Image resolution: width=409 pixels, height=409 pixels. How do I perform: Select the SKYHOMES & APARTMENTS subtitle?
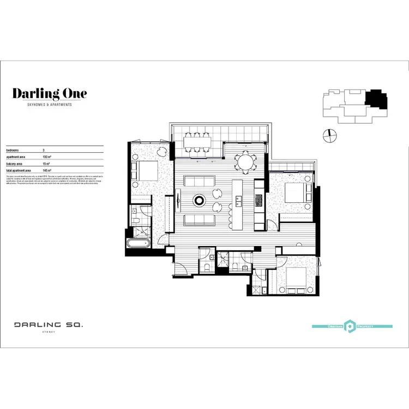coord(50,105)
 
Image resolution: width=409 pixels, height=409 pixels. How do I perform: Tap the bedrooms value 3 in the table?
coord(44,149)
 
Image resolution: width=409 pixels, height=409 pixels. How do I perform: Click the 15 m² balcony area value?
coord(46,164)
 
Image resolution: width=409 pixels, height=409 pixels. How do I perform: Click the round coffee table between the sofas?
coord(200,201)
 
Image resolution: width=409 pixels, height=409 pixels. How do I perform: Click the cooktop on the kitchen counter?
coord(258,201)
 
